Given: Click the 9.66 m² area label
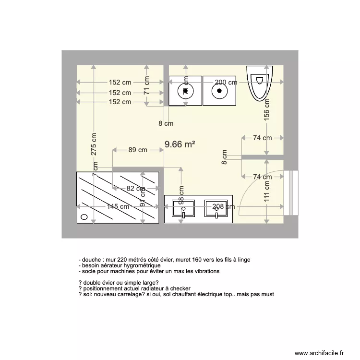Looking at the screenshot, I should tap(180, 144).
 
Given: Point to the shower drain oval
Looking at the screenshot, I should tap(84, 217).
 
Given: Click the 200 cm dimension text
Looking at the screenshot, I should tap(226, 83).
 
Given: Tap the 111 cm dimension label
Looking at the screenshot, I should tap(267, 195).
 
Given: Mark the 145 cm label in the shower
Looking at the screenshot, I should tap(118, 207).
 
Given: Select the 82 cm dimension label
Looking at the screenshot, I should tap(137, 189).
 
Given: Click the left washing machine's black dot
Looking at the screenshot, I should tap(185, 90).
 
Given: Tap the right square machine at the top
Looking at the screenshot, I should tap(219, 90).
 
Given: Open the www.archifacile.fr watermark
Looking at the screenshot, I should tap(319, 352).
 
